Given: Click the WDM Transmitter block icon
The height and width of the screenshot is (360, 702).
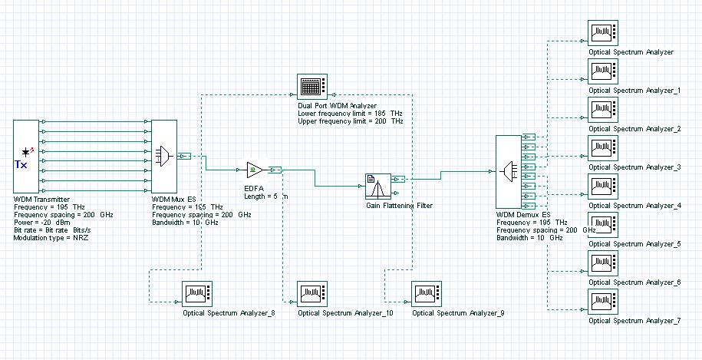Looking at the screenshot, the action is coord(26,156).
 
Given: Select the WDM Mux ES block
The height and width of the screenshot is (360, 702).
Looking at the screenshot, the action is coord(164,156).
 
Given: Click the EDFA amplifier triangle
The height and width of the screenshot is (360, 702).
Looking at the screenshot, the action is coord(255,170).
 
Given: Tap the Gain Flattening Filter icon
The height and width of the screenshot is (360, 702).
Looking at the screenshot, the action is coord(378,186).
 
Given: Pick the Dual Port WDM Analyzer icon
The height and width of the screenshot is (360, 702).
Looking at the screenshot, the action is coord(312,87).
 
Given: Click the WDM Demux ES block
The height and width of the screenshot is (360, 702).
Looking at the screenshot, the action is coord(509,172).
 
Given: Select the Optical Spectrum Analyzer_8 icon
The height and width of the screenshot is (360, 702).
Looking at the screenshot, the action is coord(197,294).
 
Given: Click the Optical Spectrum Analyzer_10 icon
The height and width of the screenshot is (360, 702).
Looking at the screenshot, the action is coord(312,294).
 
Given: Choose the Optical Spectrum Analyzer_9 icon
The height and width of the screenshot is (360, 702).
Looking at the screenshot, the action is coord(427,294).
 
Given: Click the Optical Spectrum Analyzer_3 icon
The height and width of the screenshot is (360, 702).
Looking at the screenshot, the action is coord(603,147).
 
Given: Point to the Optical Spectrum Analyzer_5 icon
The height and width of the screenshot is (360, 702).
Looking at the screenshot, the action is coord(603,224).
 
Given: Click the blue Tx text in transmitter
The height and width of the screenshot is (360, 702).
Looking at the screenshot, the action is coord(21,165).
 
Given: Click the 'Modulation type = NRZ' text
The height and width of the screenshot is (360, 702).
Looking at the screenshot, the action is coord(51,238).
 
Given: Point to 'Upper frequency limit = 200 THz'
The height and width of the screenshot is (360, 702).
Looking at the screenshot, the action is coord(351,121).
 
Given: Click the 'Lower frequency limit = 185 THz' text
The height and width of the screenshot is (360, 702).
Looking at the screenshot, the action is coord(351,114).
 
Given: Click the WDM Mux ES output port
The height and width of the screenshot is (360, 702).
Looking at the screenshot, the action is coord(184,156).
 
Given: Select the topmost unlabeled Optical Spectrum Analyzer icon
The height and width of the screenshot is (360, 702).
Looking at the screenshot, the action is coord(603,33).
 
